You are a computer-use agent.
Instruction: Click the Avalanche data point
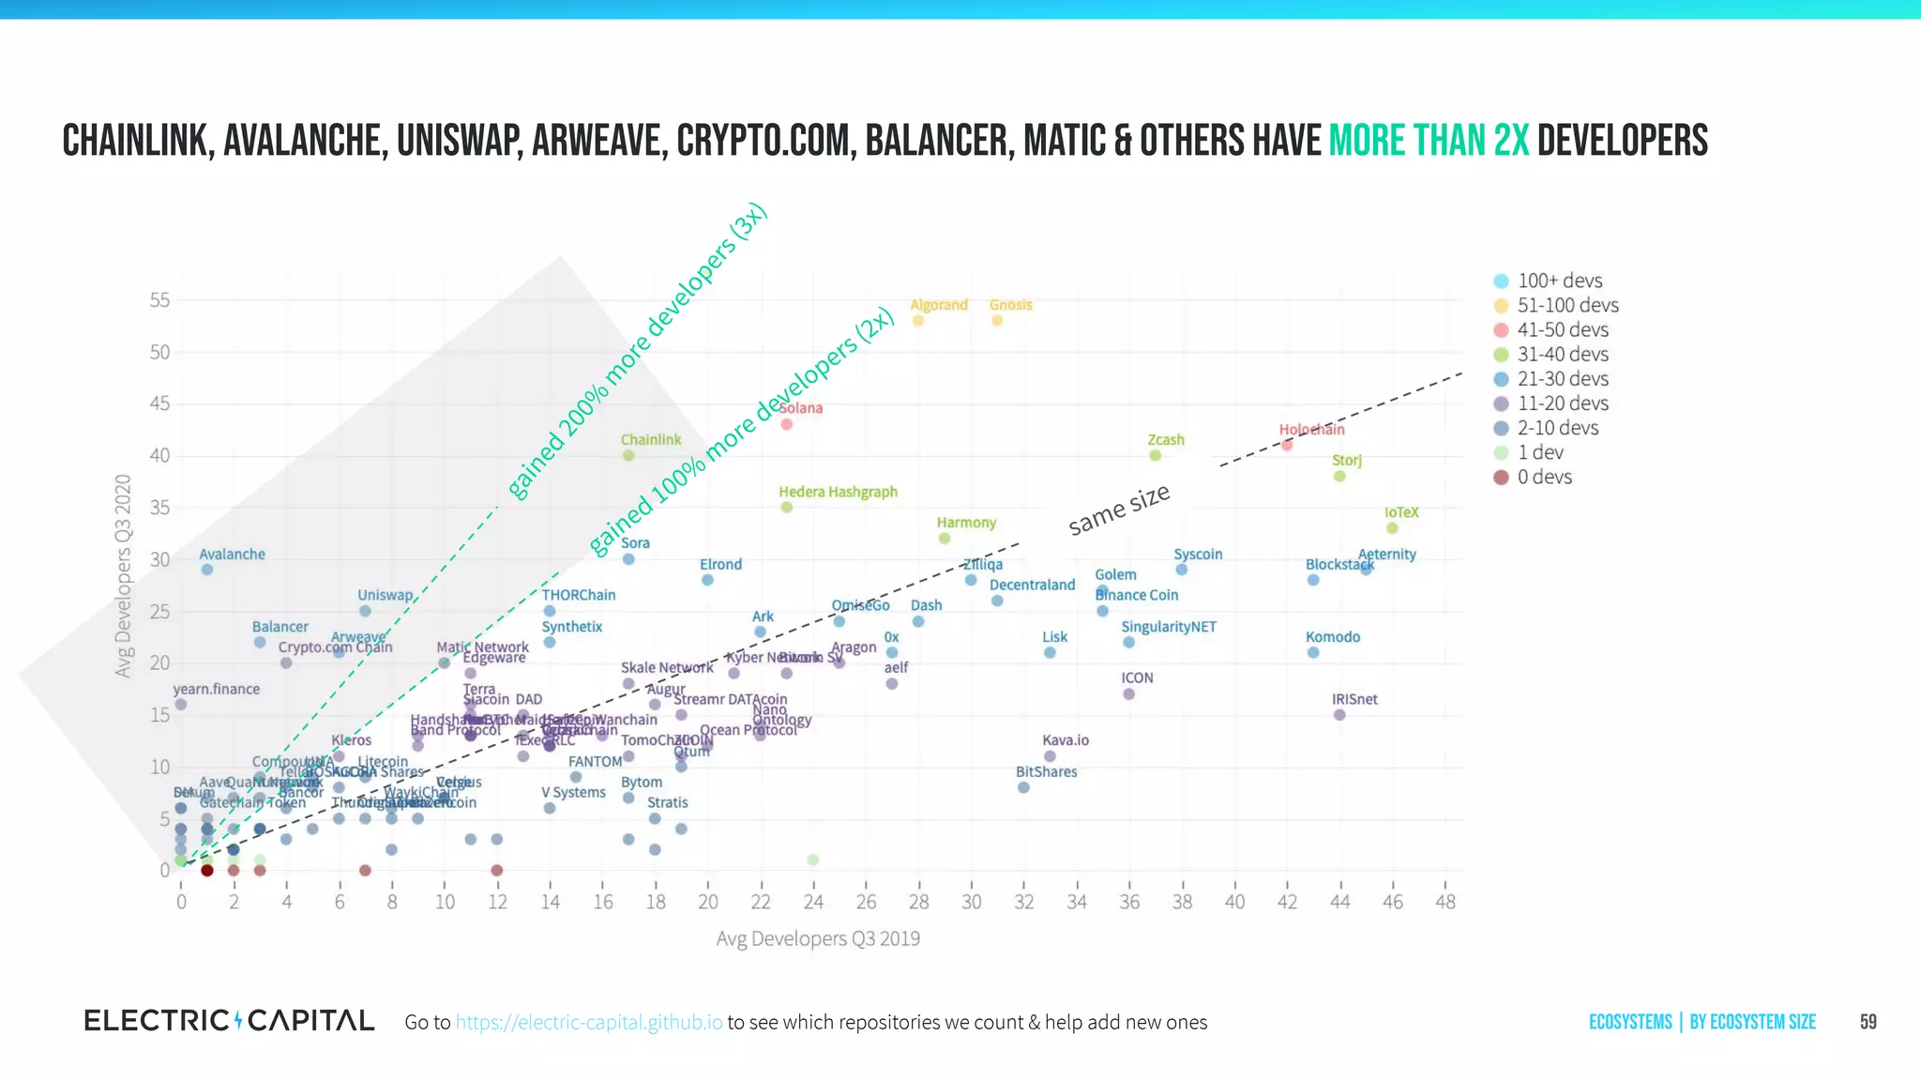(x=207, y=570)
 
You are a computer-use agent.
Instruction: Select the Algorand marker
(x=918, y=321)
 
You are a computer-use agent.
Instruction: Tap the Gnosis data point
(x=997, y=321)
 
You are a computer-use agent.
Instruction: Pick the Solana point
(x=787, y=424)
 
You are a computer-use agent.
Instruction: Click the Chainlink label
(x=651, y=439)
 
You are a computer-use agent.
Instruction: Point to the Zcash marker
(x=1156, y=455)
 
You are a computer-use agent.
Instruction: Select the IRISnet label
(x=1354, y=699)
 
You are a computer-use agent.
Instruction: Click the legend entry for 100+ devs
(x=1559, y=281)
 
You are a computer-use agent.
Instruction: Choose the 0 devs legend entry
(x=1544, y=477)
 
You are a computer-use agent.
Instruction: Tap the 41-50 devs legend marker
(x=1501, y=330)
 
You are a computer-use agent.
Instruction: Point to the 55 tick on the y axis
(x=159, y=300)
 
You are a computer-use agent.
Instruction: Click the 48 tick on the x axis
(x=1445, y=902)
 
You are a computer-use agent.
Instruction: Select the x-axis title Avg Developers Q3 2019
(x=818, y=938)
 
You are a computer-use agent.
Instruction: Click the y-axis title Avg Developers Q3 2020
(x=123, y=575)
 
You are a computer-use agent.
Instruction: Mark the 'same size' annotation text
(x=1119, y=510)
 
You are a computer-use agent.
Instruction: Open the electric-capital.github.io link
(x=589, y=1022)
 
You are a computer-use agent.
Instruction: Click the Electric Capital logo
(x=229, y=1020)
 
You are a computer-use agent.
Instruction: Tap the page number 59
(x=1868, y=1022)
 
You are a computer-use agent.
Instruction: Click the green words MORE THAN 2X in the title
(x=1429, y=141)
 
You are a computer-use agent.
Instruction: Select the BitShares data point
(x=1023, y=787)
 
